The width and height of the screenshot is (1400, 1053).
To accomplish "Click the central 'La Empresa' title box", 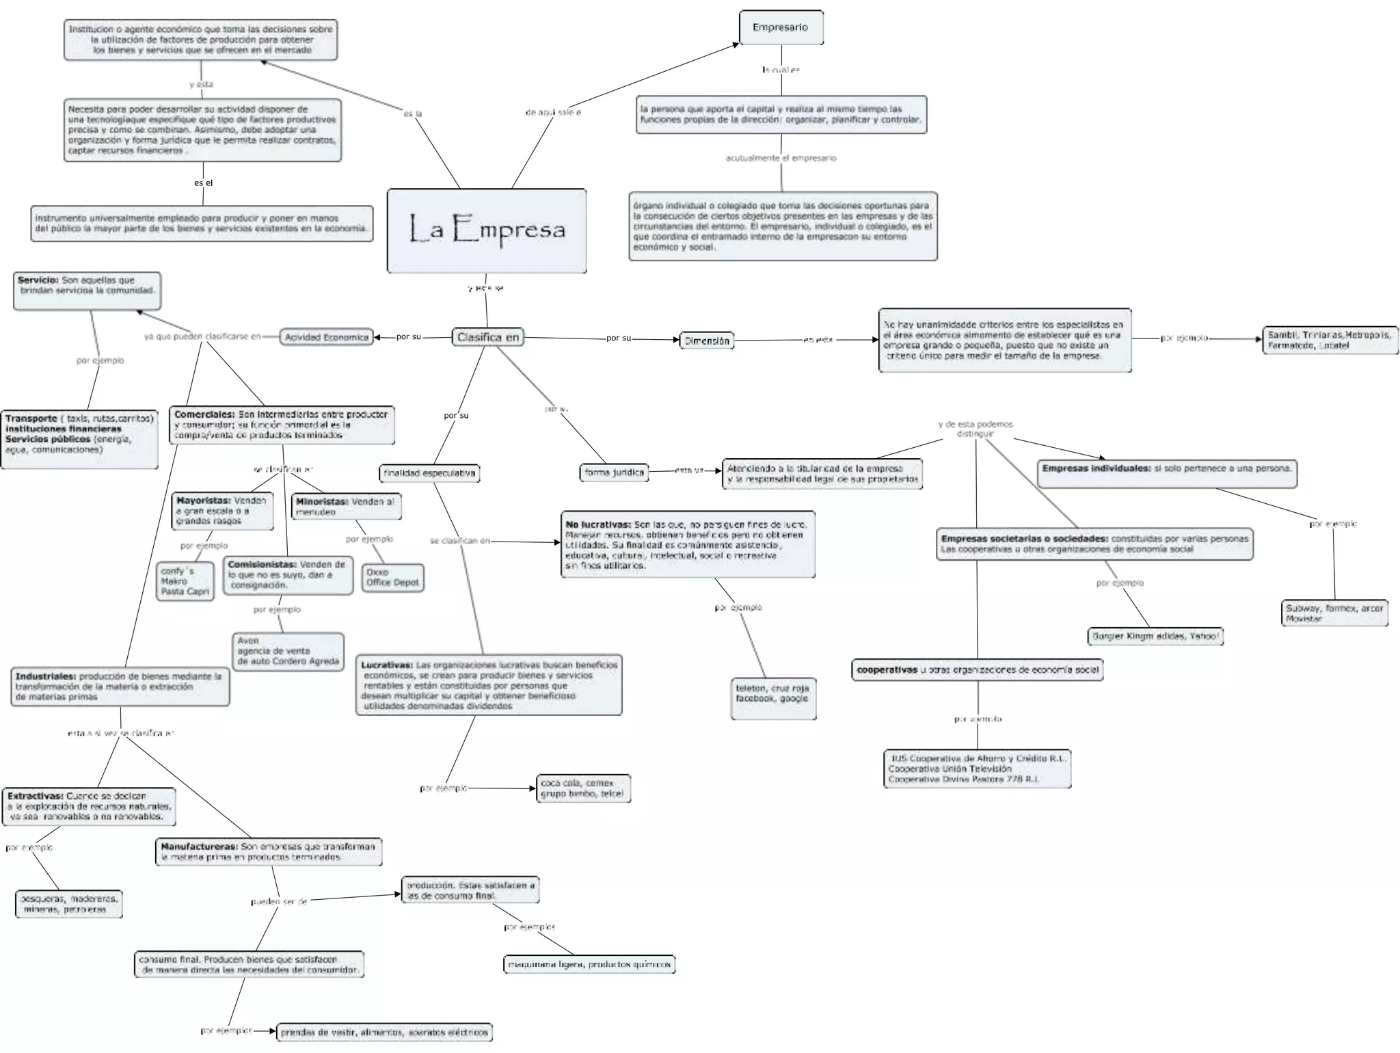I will (x=486, y=230).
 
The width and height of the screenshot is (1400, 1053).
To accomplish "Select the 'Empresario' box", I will (x=781, y=28).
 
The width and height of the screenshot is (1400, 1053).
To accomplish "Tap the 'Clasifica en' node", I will (x=488, y=337).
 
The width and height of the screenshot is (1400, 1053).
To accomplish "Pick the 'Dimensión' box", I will (x=707, y=341).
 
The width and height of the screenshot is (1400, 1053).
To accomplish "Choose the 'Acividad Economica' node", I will (x=326, y=337).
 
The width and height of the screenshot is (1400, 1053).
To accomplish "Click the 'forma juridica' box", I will (x=615, y=472).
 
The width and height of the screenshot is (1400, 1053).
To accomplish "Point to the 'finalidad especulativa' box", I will (x=429, y=473).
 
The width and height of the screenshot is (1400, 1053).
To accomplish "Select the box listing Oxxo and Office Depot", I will (x=392, y=578).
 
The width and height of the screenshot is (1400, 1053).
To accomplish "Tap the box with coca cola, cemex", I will (x=583, y=788).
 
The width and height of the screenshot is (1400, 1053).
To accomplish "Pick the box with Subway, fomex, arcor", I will (x=1334, y=613).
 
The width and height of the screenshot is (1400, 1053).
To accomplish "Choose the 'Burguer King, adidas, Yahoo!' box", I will (x=1155, y=637).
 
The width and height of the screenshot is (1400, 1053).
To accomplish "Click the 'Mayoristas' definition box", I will (x=221, y=511).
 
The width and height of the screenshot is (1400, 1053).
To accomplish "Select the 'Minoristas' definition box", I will (x=345, y=507).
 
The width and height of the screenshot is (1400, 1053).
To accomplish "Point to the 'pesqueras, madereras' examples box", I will (x=68, y=904).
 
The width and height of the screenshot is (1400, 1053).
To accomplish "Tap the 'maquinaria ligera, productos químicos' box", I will (x=589, y=965).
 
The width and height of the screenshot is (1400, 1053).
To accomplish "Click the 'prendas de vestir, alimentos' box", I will (x=384, y=1032).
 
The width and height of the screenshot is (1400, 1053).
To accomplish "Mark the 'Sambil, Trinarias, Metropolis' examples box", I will (x=1329, y=340).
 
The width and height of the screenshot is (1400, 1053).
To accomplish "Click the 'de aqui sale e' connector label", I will (x=553, y=112).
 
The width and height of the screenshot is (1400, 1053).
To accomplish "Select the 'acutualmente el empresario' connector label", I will (x=781, y=158).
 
